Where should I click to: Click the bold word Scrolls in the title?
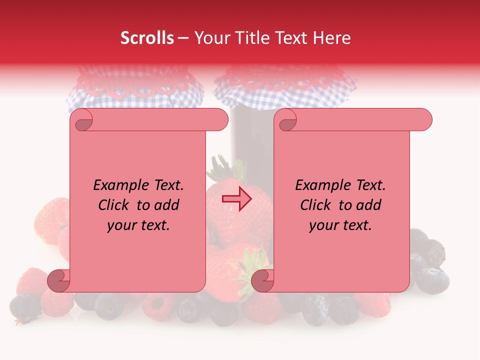(x=147, y=38)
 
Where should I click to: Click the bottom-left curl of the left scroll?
(x=59, y=280)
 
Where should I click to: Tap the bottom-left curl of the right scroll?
(x=263, y=280)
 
